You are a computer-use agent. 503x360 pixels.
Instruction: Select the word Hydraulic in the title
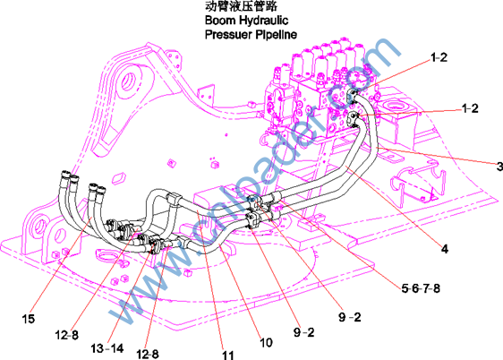pos(264,21)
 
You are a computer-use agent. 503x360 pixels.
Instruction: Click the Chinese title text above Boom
pos(241,6)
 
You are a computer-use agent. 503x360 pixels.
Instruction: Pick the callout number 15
pos(29,319)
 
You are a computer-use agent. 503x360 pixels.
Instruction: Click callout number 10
pos(266,343)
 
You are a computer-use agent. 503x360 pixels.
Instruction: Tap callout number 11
pos(228,355)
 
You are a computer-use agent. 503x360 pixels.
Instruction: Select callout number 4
pos(445,249)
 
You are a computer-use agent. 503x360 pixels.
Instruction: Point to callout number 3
pos(499,167)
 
